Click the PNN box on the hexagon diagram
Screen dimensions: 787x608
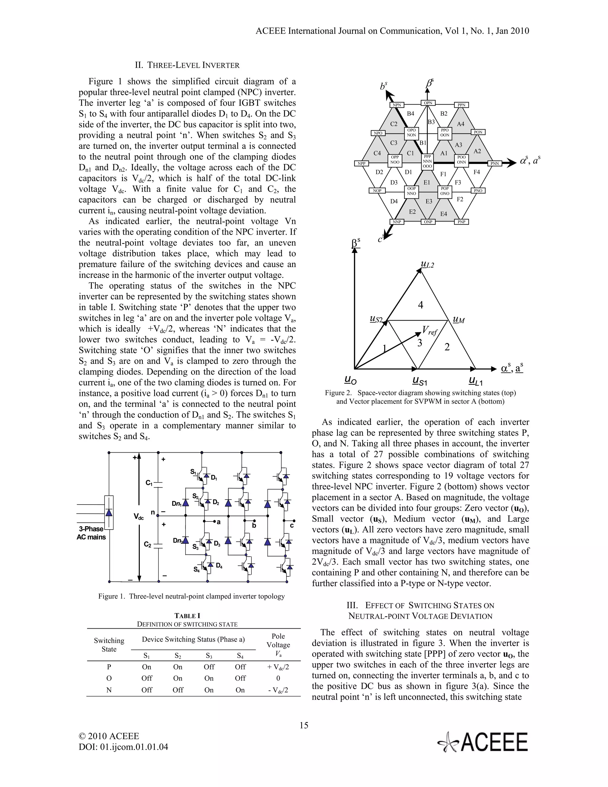495,164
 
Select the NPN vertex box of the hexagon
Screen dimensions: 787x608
397,105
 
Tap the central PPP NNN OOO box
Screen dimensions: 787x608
427,162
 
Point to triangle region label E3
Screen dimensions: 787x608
429,201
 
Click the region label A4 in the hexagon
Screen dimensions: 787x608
460,124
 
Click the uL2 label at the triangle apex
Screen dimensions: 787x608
427,265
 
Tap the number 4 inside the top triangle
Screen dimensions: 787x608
420,305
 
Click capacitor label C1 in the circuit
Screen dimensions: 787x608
149,483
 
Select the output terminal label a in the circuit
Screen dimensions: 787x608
218,522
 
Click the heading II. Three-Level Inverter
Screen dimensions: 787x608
187,65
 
